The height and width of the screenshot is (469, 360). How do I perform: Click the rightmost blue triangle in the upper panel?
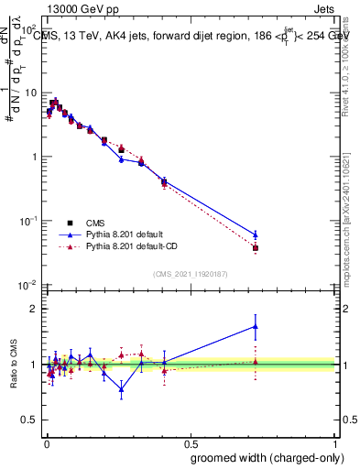pos(256,234)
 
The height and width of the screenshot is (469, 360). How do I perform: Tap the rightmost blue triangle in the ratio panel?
pos(256,326)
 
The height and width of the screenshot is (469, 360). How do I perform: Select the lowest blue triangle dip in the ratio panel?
pos(121,388)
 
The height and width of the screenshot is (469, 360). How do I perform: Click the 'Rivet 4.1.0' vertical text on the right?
pos(348,57)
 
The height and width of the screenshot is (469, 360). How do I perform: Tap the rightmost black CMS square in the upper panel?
pos(256,248)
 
